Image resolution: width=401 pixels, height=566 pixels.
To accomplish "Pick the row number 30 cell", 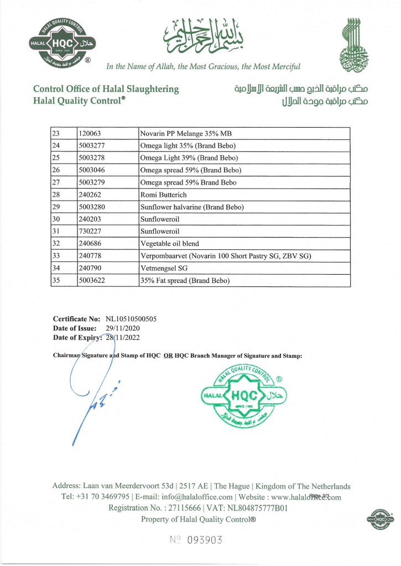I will [x=55, y=219].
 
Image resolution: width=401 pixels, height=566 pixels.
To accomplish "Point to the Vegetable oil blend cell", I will [x=170, y=244].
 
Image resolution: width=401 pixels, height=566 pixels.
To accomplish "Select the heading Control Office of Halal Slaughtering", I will [x=106, y=89].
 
